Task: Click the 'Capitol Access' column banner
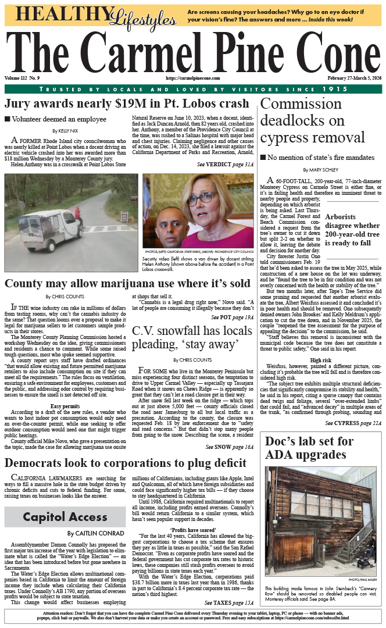click(x=65, y=516)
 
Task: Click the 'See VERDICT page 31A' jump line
click(x=226, y=165)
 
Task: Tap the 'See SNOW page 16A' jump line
click(x=230, y=447)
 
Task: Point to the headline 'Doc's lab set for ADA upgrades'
click(x=317, y=448)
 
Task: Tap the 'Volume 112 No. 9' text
click(x=23, y=77)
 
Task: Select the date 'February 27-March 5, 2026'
click(x=351, y=77)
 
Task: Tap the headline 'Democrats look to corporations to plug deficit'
click(x=126, y=463)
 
